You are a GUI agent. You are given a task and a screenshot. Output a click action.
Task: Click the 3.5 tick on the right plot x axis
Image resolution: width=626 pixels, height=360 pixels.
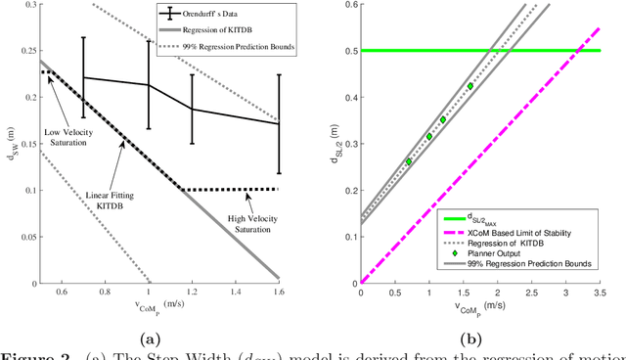(598, 292)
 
